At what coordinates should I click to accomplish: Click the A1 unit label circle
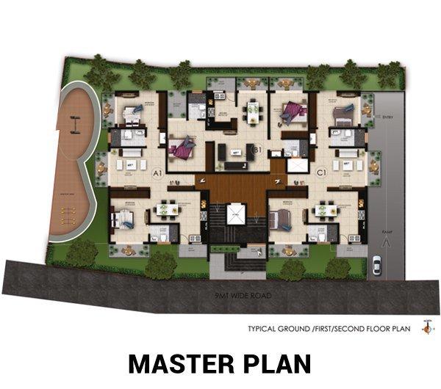click(157, 174)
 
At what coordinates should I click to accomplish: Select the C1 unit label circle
click(320, 173)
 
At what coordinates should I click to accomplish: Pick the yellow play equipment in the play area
click(68, 214)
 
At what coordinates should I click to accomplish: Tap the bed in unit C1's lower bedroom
click(282, 219)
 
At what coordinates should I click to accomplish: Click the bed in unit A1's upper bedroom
click(134, 112)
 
